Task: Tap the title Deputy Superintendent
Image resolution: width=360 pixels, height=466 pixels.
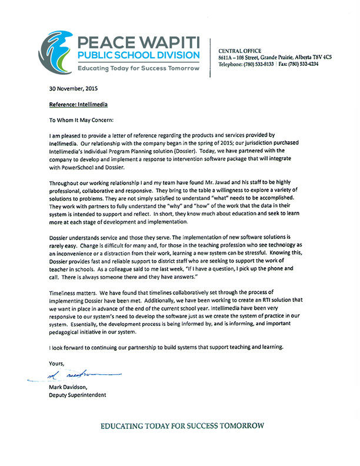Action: pyautogui.click(x=78, y=395)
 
